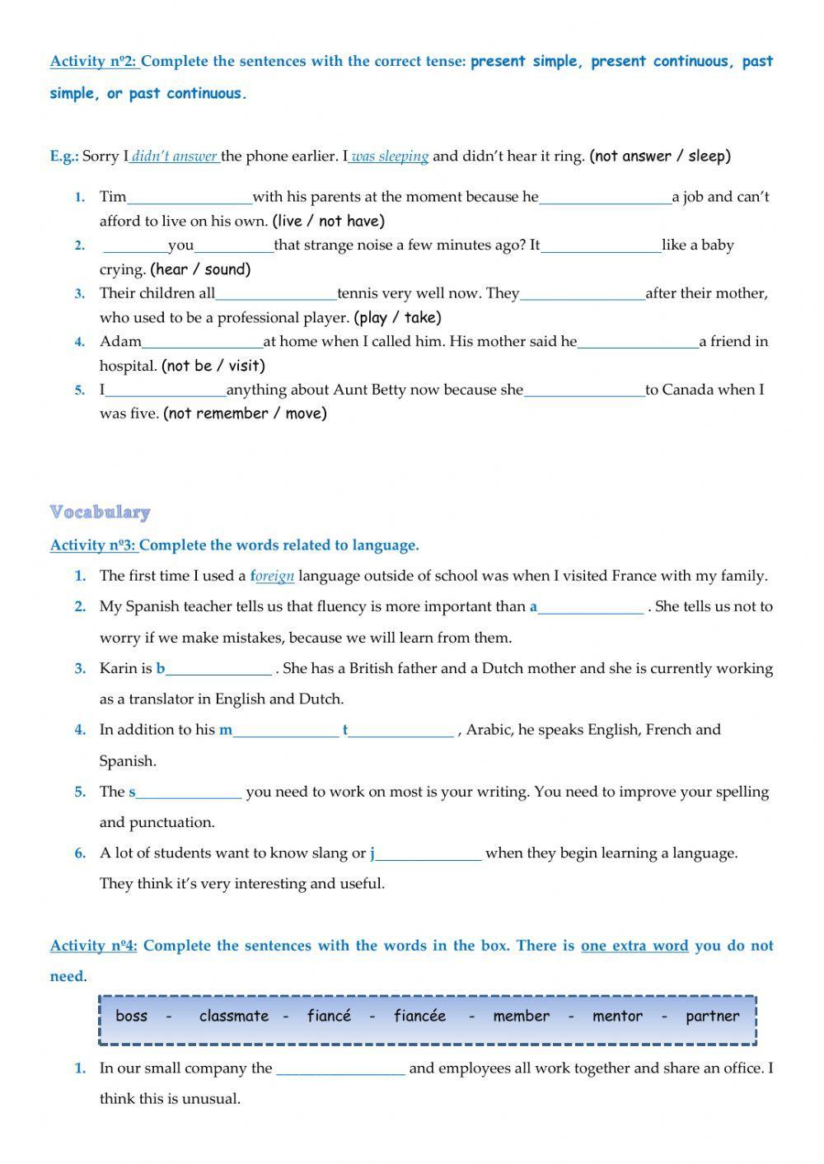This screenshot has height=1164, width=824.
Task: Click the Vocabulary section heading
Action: click(100, 512)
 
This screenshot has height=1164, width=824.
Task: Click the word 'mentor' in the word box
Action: click(617, 1017)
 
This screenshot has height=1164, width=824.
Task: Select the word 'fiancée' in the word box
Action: click(419, 1017)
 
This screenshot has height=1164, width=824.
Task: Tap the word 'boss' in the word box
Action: click(132, 1017)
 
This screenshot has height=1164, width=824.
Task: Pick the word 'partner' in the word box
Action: click(713, 1017)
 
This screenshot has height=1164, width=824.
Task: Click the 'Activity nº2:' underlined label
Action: click(94, 62)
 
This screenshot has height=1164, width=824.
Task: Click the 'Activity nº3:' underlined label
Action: click(93, 545)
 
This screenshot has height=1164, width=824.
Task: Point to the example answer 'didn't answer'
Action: click(174, 157)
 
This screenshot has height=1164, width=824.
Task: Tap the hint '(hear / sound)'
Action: click(200, 269)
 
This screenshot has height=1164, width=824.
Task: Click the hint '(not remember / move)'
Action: click(245, 414)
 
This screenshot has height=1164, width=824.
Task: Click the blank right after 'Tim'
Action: click(190, 198)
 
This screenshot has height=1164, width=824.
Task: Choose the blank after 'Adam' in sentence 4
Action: click(203, 342)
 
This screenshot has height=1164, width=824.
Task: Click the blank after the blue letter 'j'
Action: click(428, 854)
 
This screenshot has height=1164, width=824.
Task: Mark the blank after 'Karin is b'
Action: click(218, 669)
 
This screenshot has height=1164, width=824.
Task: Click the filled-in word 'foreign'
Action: click(273, 577)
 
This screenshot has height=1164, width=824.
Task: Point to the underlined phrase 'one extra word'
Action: click(634, 946)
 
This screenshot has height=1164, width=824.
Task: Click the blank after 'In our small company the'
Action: click(340, 1069)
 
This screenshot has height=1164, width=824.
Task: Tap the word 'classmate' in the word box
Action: click(234, 1017)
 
